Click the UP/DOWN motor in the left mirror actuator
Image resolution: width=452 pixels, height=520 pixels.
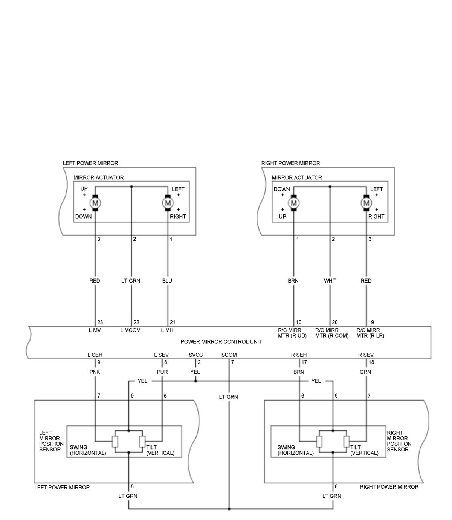(95, 203)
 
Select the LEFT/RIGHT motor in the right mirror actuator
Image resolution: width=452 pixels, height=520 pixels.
(366, 203)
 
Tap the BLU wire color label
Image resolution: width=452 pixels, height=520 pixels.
(167, 281)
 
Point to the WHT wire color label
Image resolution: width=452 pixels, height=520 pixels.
(330, 281)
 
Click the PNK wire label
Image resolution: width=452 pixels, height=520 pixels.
(95, 372)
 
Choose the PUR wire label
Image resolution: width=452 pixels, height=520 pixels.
(162, 372)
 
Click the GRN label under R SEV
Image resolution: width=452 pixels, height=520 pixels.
(365, 372)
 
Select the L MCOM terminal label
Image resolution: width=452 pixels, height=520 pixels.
(130, 330)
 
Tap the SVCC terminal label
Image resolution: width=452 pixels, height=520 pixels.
(195, 355)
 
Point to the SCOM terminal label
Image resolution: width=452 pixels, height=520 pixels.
(229, 355)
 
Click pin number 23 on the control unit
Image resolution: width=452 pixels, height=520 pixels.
(100, 323)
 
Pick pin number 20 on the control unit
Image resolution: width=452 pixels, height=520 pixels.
(334, 323)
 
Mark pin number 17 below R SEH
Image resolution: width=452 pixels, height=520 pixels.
(304, 362)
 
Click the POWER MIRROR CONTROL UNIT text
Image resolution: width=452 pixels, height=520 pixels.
(221, 342)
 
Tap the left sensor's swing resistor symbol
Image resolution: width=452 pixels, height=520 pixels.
(115, 441)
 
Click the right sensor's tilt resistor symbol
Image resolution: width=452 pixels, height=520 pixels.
(347, 441)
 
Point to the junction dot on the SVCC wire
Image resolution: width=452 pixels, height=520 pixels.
(195, 381)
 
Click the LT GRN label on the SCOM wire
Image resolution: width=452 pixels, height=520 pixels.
(229, 397)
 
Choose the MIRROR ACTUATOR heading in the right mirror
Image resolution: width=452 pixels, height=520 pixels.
(297, 177)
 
